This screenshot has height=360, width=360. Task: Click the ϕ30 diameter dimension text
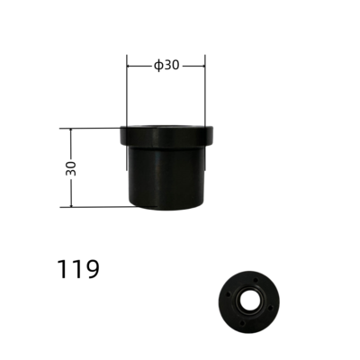167,65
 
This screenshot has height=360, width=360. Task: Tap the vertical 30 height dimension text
71,167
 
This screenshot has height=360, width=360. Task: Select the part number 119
78,268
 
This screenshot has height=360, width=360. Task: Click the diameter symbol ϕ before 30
157,65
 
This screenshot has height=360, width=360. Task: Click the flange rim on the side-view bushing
167,136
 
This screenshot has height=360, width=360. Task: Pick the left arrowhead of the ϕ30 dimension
130,65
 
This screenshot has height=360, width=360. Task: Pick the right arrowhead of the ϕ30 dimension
203,65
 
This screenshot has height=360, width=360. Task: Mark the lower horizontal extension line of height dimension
94,207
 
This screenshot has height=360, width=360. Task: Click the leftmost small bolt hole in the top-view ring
227,293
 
